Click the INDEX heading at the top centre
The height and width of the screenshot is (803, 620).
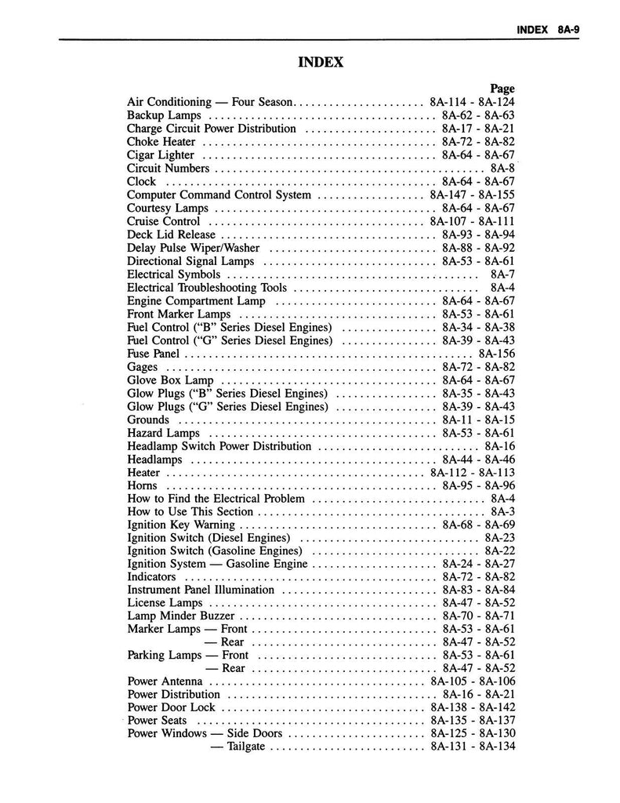pyautogui.click(x=321, y=61)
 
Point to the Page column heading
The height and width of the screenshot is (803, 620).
pyautogui.click(x=502, y=89)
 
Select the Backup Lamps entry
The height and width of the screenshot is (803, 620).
pyautogui.click(x=154, y=115)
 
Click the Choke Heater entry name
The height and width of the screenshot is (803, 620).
pyautogui.click(x=161, y=142)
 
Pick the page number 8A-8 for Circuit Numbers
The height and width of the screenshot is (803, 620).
pyautogui.click(x=502, y=168)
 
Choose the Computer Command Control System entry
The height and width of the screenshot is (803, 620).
pyautogui.click(x=219, y=194)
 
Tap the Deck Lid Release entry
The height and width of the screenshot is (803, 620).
pyautogui.click(x=171, y=234)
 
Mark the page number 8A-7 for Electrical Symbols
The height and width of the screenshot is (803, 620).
pyautogui.click(x=502, y=274)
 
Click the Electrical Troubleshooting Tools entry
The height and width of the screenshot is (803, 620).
pyautogui.click(x=207, y=288)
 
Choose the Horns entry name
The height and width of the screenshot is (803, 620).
pyautogui.click(x=142, y=486)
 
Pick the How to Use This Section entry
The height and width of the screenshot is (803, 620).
pyautogui.click(x=187, y=512)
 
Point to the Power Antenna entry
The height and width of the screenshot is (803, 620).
pyautogui.click(x=165, y=681)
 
